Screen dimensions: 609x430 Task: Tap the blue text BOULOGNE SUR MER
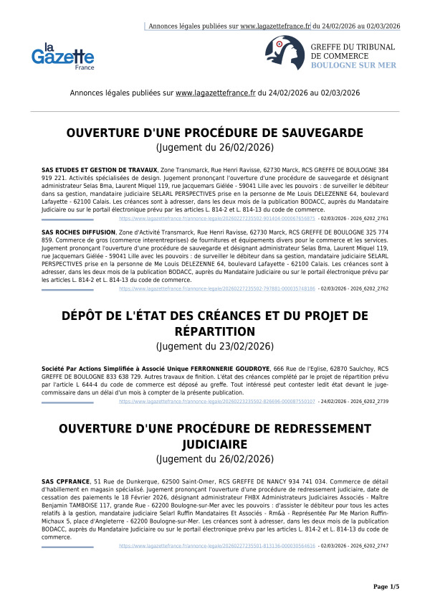click(353, 65)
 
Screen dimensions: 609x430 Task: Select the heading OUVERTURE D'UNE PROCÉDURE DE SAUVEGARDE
click(215, 133)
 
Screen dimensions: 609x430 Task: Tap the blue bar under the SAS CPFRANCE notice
click(67, 547)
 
